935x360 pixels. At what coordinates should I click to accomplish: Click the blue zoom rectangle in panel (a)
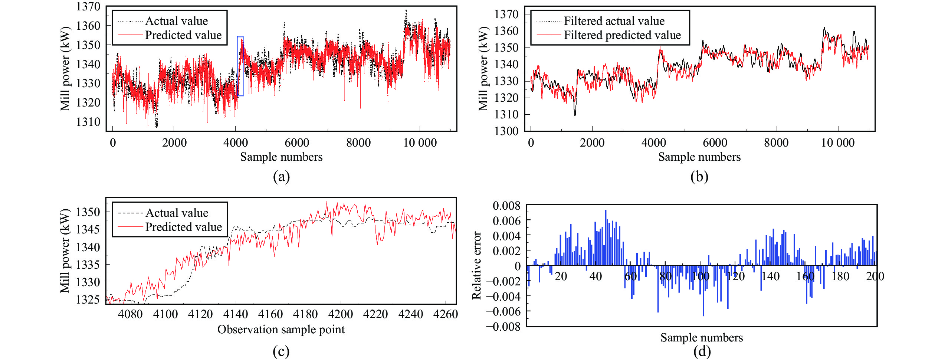(x=240, y=66)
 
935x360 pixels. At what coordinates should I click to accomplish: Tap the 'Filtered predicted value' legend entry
(x=622, y=35)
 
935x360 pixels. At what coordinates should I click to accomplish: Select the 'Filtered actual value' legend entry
(x=614, y=21)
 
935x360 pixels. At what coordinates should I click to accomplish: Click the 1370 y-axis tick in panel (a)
(x=88, y=7)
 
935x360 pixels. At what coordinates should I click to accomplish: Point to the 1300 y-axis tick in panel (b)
(x=506, y=131)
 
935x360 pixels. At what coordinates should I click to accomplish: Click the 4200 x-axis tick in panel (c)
(x=340, y=314)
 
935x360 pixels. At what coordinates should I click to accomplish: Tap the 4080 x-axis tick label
(x=130, y=314)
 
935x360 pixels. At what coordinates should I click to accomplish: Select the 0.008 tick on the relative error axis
(x=506, y=206)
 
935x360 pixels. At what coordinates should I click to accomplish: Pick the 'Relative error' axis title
(x=476, y=265)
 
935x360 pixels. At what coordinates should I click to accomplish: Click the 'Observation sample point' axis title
(x=281, y=330)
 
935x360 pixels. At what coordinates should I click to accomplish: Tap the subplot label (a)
(x=281, y=177)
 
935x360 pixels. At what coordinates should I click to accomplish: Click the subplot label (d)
(x=702, y=351)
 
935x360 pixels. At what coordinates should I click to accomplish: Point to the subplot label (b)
(x=699, y=177)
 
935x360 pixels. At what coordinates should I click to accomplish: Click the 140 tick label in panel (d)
(x=770, y=276)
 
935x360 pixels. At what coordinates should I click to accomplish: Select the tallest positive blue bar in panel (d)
(x=606, y=238)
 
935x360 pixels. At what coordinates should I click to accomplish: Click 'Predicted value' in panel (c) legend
(x=183, y=227)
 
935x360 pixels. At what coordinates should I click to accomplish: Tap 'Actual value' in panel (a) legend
(x=176, y=21)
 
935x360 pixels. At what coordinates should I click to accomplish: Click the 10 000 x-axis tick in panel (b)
(x=837, y=143)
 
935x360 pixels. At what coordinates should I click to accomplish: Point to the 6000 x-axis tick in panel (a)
(x=297, y=143)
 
